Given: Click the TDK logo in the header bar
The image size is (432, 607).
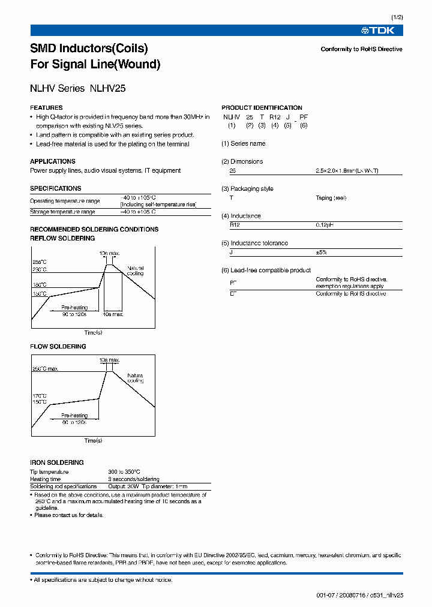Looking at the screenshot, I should pos(382,31).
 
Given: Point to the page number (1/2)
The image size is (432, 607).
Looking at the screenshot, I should pos(397,19).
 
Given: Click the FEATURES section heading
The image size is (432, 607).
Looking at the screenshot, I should pos(46,108).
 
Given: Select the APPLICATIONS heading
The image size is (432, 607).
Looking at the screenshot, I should pos(53,161).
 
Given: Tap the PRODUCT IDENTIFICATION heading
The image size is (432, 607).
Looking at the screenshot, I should pos(262,108).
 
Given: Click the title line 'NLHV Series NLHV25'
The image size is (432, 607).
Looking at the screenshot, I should pos(77,88).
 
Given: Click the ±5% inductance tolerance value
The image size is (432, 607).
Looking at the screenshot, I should pos(321,253).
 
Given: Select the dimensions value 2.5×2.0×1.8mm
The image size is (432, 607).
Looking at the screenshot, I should pos(347,171).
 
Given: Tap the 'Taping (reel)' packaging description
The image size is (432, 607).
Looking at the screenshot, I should pos(331,198).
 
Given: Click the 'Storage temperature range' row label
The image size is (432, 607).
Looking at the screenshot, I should pos(62,212).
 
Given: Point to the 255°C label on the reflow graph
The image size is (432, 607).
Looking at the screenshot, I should pos(39,263).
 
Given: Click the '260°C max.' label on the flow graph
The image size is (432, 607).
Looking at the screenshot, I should pos(46,369).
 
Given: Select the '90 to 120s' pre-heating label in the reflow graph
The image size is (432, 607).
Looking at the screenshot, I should pos(74,314).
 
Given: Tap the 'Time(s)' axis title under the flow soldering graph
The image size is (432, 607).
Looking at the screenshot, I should pos(93,441).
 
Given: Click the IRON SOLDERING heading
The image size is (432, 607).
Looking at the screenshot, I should pos(57,462).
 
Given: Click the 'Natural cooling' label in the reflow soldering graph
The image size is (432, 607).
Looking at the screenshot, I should pos(136,271).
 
